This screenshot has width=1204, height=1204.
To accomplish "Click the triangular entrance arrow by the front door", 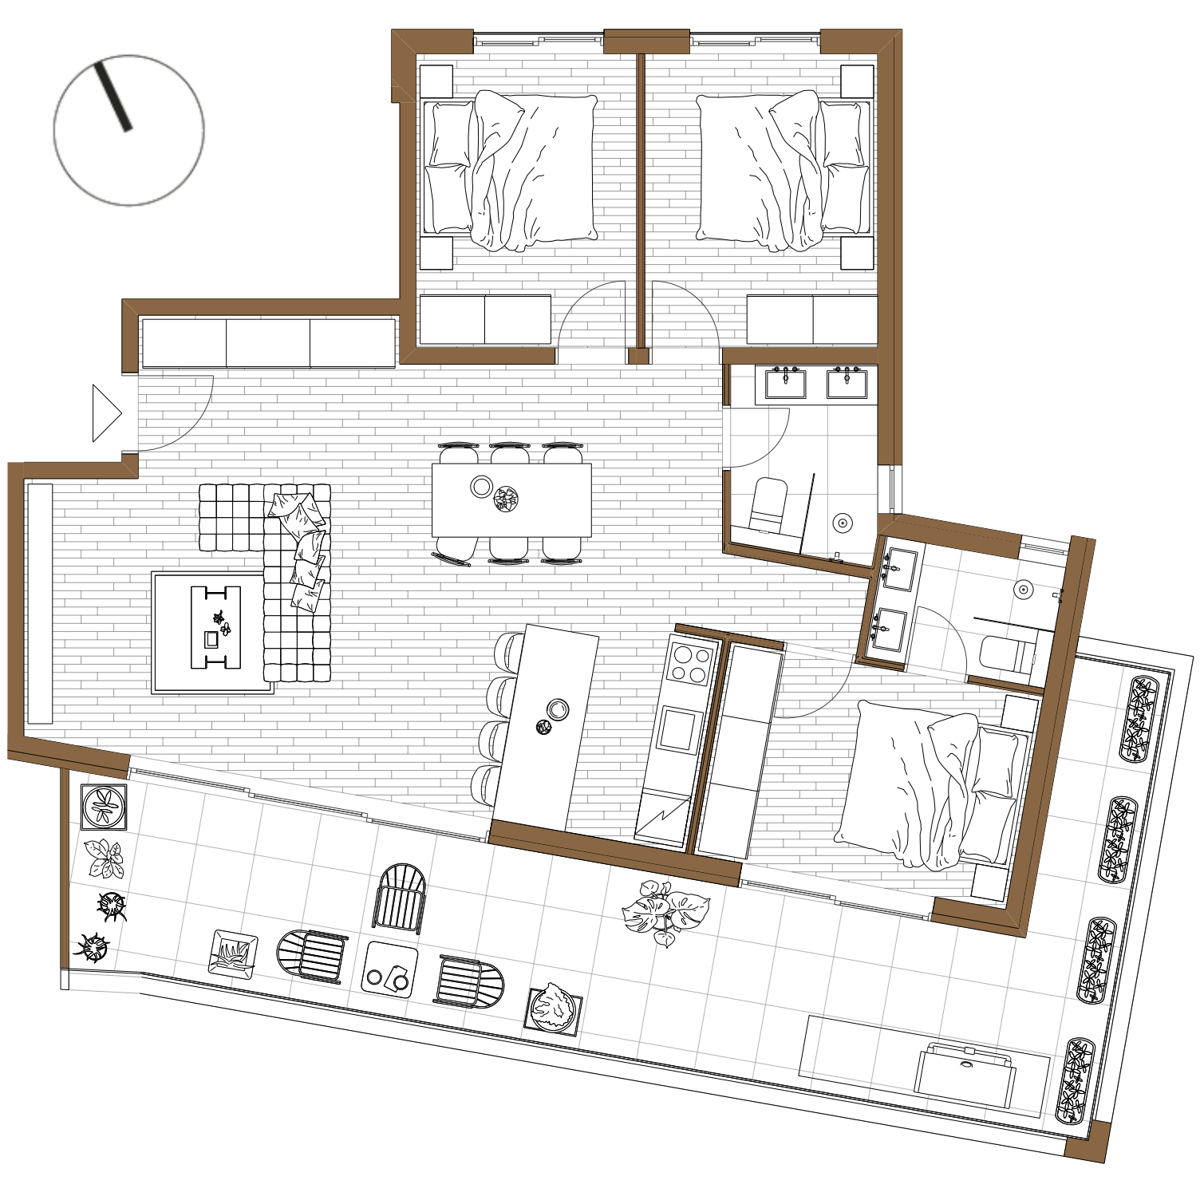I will (105, 413).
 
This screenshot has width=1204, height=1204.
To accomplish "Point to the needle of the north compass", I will (113, 97).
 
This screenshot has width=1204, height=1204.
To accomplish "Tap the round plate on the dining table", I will (481, 486).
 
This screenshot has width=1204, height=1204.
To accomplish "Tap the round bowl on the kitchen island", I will (558, 709).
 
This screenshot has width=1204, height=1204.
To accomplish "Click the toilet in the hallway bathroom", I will (768, 505).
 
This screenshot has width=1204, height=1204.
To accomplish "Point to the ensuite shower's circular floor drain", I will (1024, 590).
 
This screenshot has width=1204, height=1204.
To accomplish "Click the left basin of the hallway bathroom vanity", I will (785, 384).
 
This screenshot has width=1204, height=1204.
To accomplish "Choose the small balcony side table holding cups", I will (389, 969).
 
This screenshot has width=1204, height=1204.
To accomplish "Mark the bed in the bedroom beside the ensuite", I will (930, 786).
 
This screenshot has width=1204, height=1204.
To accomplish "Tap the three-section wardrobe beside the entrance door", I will (268, 343).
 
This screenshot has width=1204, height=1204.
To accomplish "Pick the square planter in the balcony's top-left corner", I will (104, 807).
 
